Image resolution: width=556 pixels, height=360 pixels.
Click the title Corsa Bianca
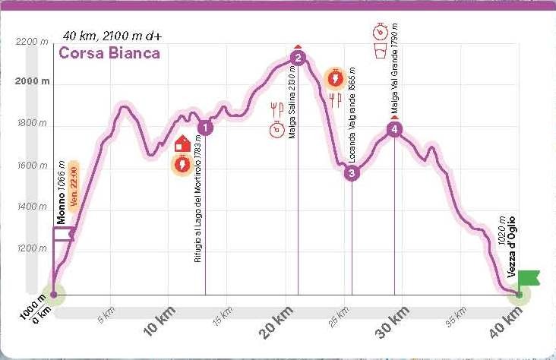(x=109, y=53)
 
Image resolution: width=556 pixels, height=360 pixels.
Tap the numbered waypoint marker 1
(x=205, y=128)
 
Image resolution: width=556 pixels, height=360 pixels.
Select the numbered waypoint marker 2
(x=298, y=58)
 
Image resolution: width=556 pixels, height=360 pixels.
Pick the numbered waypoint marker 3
(x=352, y=173)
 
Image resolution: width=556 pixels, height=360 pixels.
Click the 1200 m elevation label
(x=33, y=248)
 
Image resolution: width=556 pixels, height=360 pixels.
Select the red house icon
(x=183, y=143)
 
